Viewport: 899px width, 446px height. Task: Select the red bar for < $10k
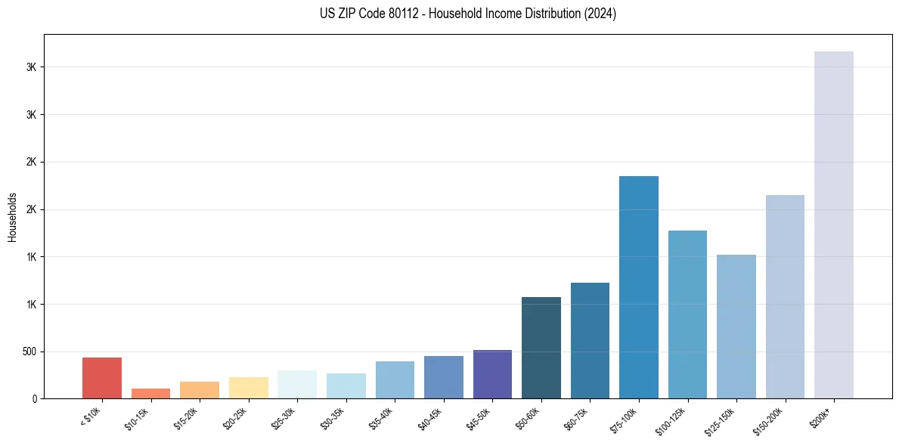click(102, 378)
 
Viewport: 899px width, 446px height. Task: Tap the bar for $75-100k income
click(639, 287)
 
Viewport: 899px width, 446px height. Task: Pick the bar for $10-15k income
click(150, 393)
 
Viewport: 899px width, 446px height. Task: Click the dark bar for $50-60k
click(541, 348)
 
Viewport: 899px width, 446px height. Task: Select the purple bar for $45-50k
click(492, 374)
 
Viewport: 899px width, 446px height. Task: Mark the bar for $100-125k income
click(687, 314)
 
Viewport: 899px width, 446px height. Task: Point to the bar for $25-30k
click(297, 384)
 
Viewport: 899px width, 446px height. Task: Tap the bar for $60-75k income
click(590, 340)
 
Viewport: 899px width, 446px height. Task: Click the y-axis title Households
click(13, 217)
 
